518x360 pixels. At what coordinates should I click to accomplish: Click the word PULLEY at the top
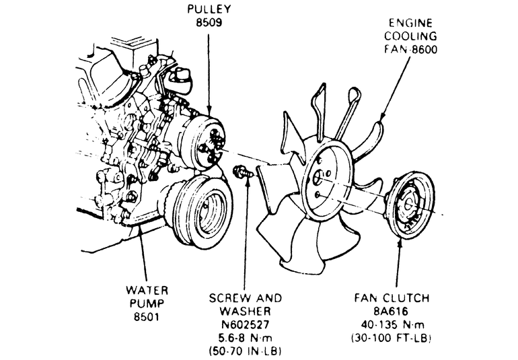click(209, 9)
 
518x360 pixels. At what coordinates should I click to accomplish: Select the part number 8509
click(209, 22)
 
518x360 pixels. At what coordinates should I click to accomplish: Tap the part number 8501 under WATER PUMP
click(147, 317)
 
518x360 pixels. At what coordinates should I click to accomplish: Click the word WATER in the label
click(147, 291)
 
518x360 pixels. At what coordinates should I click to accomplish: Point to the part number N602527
click(245, 324)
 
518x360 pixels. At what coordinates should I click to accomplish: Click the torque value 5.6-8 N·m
click(245, 338)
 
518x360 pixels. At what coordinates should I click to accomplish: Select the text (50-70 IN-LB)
click(245, 351)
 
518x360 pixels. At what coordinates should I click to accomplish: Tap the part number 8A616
click(391, 312)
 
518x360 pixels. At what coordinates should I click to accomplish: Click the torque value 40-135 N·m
click(392, 324)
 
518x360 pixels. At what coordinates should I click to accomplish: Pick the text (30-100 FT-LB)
click(392, 338)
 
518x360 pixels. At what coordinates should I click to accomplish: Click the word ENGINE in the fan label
click(410, 23)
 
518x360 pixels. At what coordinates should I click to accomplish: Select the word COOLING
click(410, 36)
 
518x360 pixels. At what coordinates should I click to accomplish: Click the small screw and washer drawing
click(243, 172)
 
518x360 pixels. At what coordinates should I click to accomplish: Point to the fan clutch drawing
click(410, 205)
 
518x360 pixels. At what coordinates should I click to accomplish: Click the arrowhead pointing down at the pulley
click(209, 111)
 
